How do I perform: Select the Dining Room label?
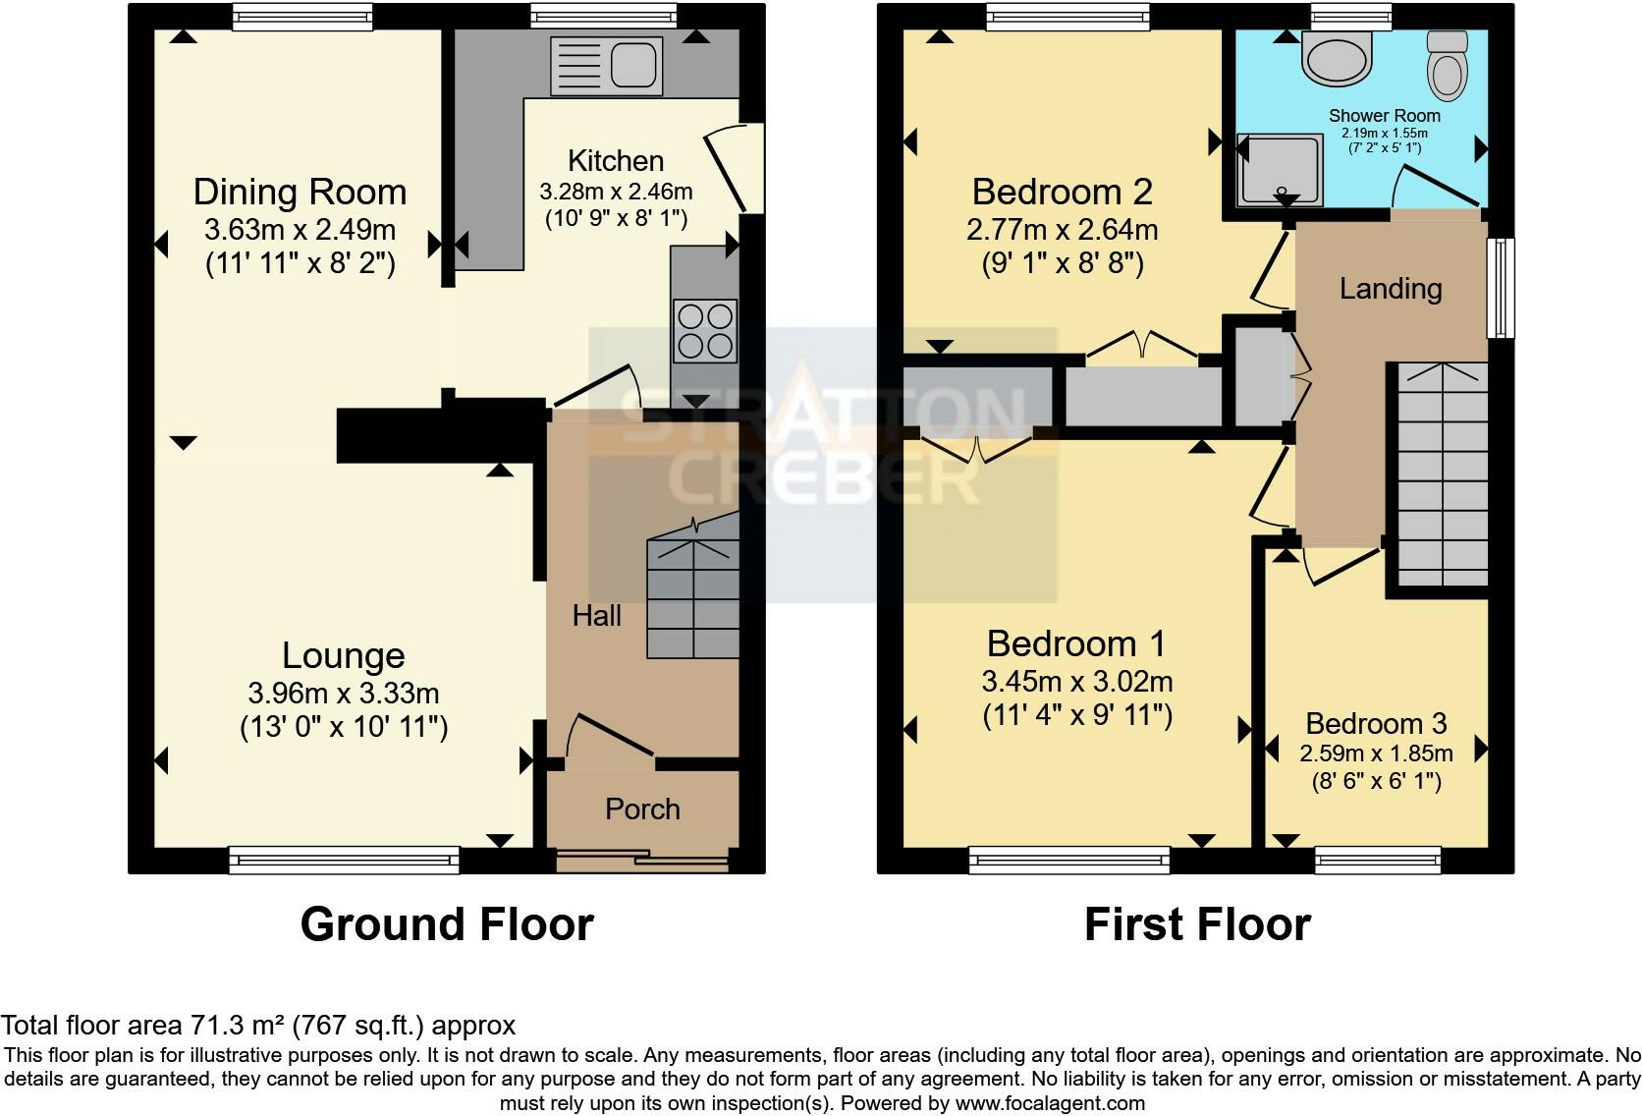pyautogui.click(x=300, y=192)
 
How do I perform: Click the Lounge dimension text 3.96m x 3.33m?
pyautogui.click(x=343, y=694)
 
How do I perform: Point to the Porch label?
pyautogui.click(x=642, y=809)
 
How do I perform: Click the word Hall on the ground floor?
pyautogui.click(x=597, y=616)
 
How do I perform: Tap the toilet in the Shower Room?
pyautogui.click(x=1447, y=64)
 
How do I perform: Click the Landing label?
pyautogui.click(x=1391, y=289)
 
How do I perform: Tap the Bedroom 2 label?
pyautogui.click(x=1062, y=192)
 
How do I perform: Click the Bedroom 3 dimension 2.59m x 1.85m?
pyautogui.click(x=1375, y=753)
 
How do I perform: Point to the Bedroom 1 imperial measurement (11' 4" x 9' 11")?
pyautogui.click(x=1077, y=715)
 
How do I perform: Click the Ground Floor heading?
pyautogui.click(x=447, y=924)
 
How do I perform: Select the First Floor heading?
pyautogui.click(x=1197, y=924)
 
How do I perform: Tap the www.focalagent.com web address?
pyautogui.click(x=1049, y=1103)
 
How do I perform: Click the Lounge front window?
pyautogui.click(x=344, y=861)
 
